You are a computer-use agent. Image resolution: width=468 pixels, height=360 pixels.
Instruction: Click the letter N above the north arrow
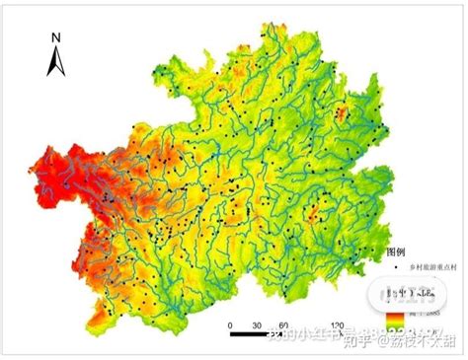56,38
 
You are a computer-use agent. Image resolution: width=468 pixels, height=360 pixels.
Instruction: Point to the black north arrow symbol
56,61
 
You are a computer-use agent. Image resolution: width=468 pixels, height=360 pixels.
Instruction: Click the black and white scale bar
286,336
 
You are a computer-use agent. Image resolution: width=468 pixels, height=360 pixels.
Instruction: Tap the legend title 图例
396,252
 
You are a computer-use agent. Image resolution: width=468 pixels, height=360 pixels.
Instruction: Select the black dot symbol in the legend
397,267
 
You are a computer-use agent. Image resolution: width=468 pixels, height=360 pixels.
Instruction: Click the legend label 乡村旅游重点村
431,267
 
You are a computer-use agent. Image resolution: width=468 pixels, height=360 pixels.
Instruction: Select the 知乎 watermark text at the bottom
360,341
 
